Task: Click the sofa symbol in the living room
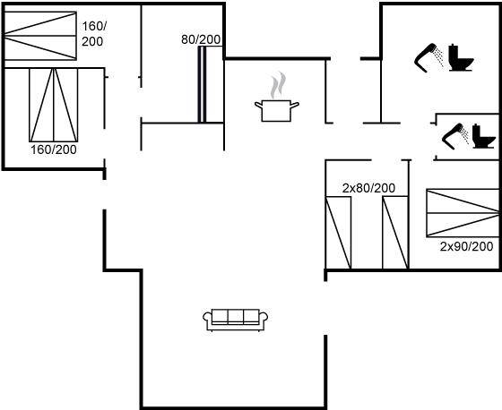tap(235, 320)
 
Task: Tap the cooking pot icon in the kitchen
tap(277, 111)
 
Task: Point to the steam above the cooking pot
tap(278, 85)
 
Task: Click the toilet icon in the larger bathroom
tap(461, 57)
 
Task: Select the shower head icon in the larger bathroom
tap(429, 57)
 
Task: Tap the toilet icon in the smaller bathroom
tap(484, 136)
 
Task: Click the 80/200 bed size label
tap(201, 39)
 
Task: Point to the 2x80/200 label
tap(368, 188)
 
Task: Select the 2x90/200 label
tap(466, 246)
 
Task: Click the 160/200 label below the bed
tap(54, 149)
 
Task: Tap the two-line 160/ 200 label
tap(94, 34)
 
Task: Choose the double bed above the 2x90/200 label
tap(463, 213)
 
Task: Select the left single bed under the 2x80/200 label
tap(338, 233)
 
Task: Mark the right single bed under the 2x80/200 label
tap(395, 233)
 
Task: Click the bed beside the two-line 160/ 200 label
tap(40, 36)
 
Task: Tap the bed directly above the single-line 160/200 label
tap(54, 105)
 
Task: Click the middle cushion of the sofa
tap(235, 317)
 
